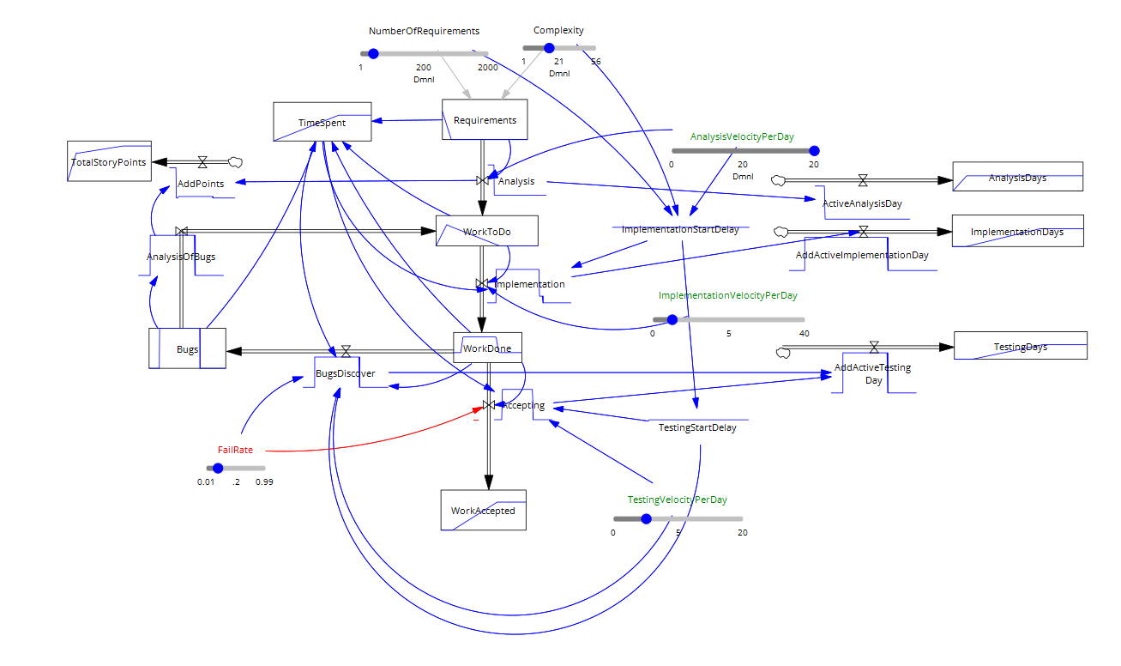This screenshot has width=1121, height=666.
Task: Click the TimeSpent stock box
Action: coord(322,122)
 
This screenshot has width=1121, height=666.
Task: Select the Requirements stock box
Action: coord(485,119)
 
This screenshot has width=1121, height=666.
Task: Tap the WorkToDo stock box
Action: coord(486,232)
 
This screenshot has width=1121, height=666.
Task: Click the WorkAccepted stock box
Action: coord(483,510)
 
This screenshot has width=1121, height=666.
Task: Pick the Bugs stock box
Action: coord(187,348)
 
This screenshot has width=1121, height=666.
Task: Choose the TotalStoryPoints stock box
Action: coord(108,161)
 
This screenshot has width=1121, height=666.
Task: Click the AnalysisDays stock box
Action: coord(1017,178)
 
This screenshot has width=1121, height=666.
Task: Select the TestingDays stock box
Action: coord(1021,346)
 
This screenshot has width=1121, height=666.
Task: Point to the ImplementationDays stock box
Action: coord(1017,231)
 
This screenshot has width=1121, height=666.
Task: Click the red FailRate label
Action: coord(235,450)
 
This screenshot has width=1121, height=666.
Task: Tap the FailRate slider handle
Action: coord(218,468)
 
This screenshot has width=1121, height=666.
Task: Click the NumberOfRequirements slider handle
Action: coord(373,53)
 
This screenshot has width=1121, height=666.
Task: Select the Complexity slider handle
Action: coord(550,48)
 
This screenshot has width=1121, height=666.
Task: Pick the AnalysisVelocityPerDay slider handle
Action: coord(813,151)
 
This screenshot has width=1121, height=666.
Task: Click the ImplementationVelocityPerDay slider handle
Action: coord(672,319)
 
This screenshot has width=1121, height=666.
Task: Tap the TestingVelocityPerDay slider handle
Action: coord(646,518)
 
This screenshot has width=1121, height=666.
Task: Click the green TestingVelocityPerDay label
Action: coord(677,499)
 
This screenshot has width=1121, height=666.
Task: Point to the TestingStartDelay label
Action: coord(696,427)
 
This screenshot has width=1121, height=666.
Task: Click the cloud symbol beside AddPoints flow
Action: coord(235,161)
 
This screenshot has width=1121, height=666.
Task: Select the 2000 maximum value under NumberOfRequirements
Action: coord(487,67)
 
